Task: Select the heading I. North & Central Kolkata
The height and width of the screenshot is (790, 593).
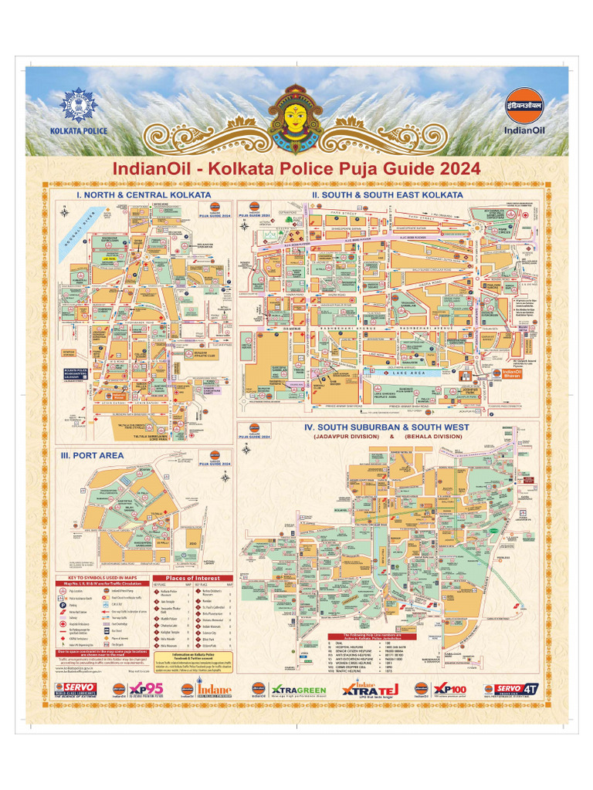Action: pos(143,195)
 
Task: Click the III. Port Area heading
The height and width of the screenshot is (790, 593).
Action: pos(92,455)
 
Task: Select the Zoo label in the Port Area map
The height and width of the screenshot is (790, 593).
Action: pos(191,543)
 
